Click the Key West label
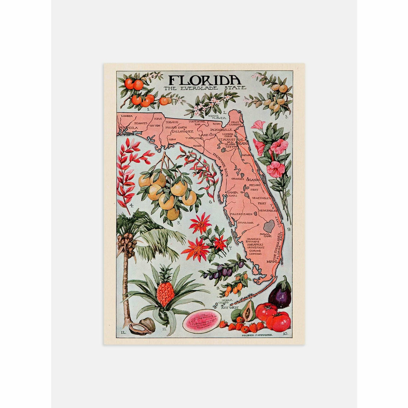tap(228, 307)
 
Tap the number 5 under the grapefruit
tap(178, 223)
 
